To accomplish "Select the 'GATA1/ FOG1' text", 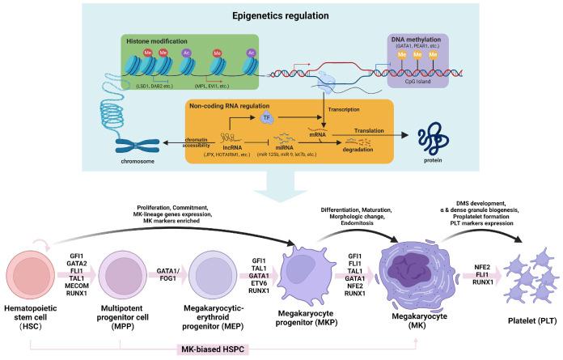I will pos(167,273).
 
